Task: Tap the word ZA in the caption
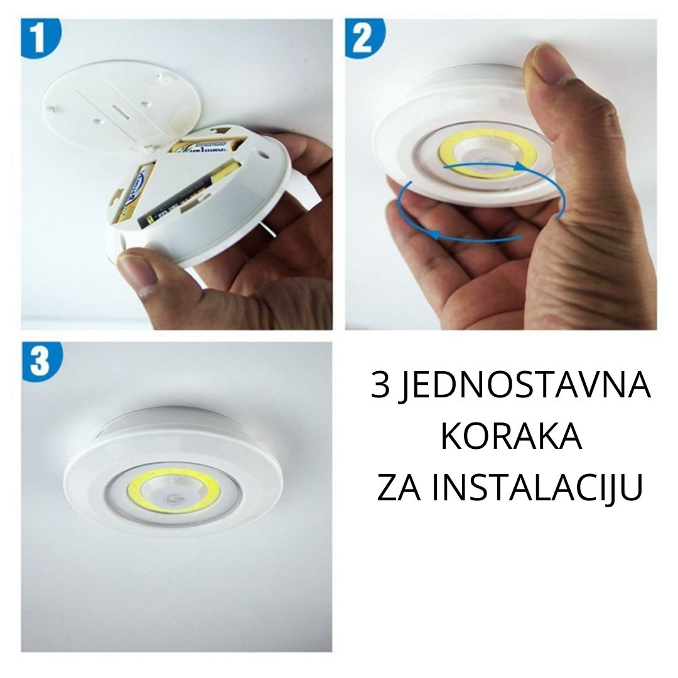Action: (x=399, y=488)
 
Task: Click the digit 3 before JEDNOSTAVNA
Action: (x=380, y=385)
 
